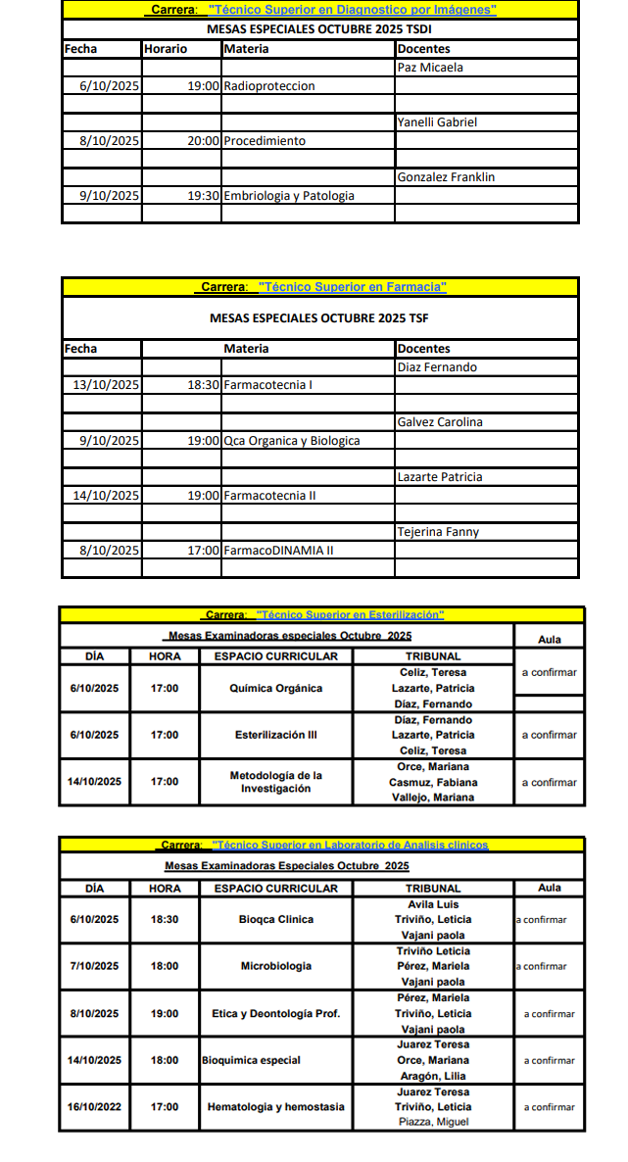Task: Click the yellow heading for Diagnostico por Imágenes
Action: click(x=322, y=10)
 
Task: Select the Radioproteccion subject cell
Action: click(x=269, y=86)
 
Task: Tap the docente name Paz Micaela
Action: click(x=430, y=68)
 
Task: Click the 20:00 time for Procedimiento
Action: click(x=203, y=141)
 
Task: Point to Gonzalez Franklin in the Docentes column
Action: click(x=446, y=177)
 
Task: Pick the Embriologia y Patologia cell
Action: click(x=289, y=196)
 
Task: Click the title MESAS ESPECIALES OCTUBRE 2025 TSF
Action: click(x=318, y=318)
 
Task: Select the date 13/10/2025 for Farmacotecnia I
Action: click(x=107, y=385)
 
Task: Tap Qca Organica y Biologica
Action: click(x=292, y=441)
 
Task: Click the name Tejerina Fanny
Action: click(x=437, y=532)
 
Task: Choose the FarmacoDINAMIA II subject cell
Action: click(x=278, y=551)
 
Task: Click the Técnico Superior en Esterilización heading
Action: click(x=324, y=615)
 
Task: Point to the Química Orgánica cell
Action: click(x=275, y=689)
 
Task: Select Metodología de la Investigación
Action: click(x=275, y=782)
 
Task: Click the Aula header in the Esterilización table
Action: click(x=550, y=639)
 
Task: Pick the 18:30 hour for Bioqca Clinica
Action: click(x=165, y=920)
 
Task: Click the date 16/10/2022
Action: click(x=94, y=1107)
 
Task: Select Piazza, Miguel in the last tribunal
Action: click(x=432, y=1122)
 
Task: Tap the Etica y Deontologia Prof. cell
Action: click(x=275, y=1014)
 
